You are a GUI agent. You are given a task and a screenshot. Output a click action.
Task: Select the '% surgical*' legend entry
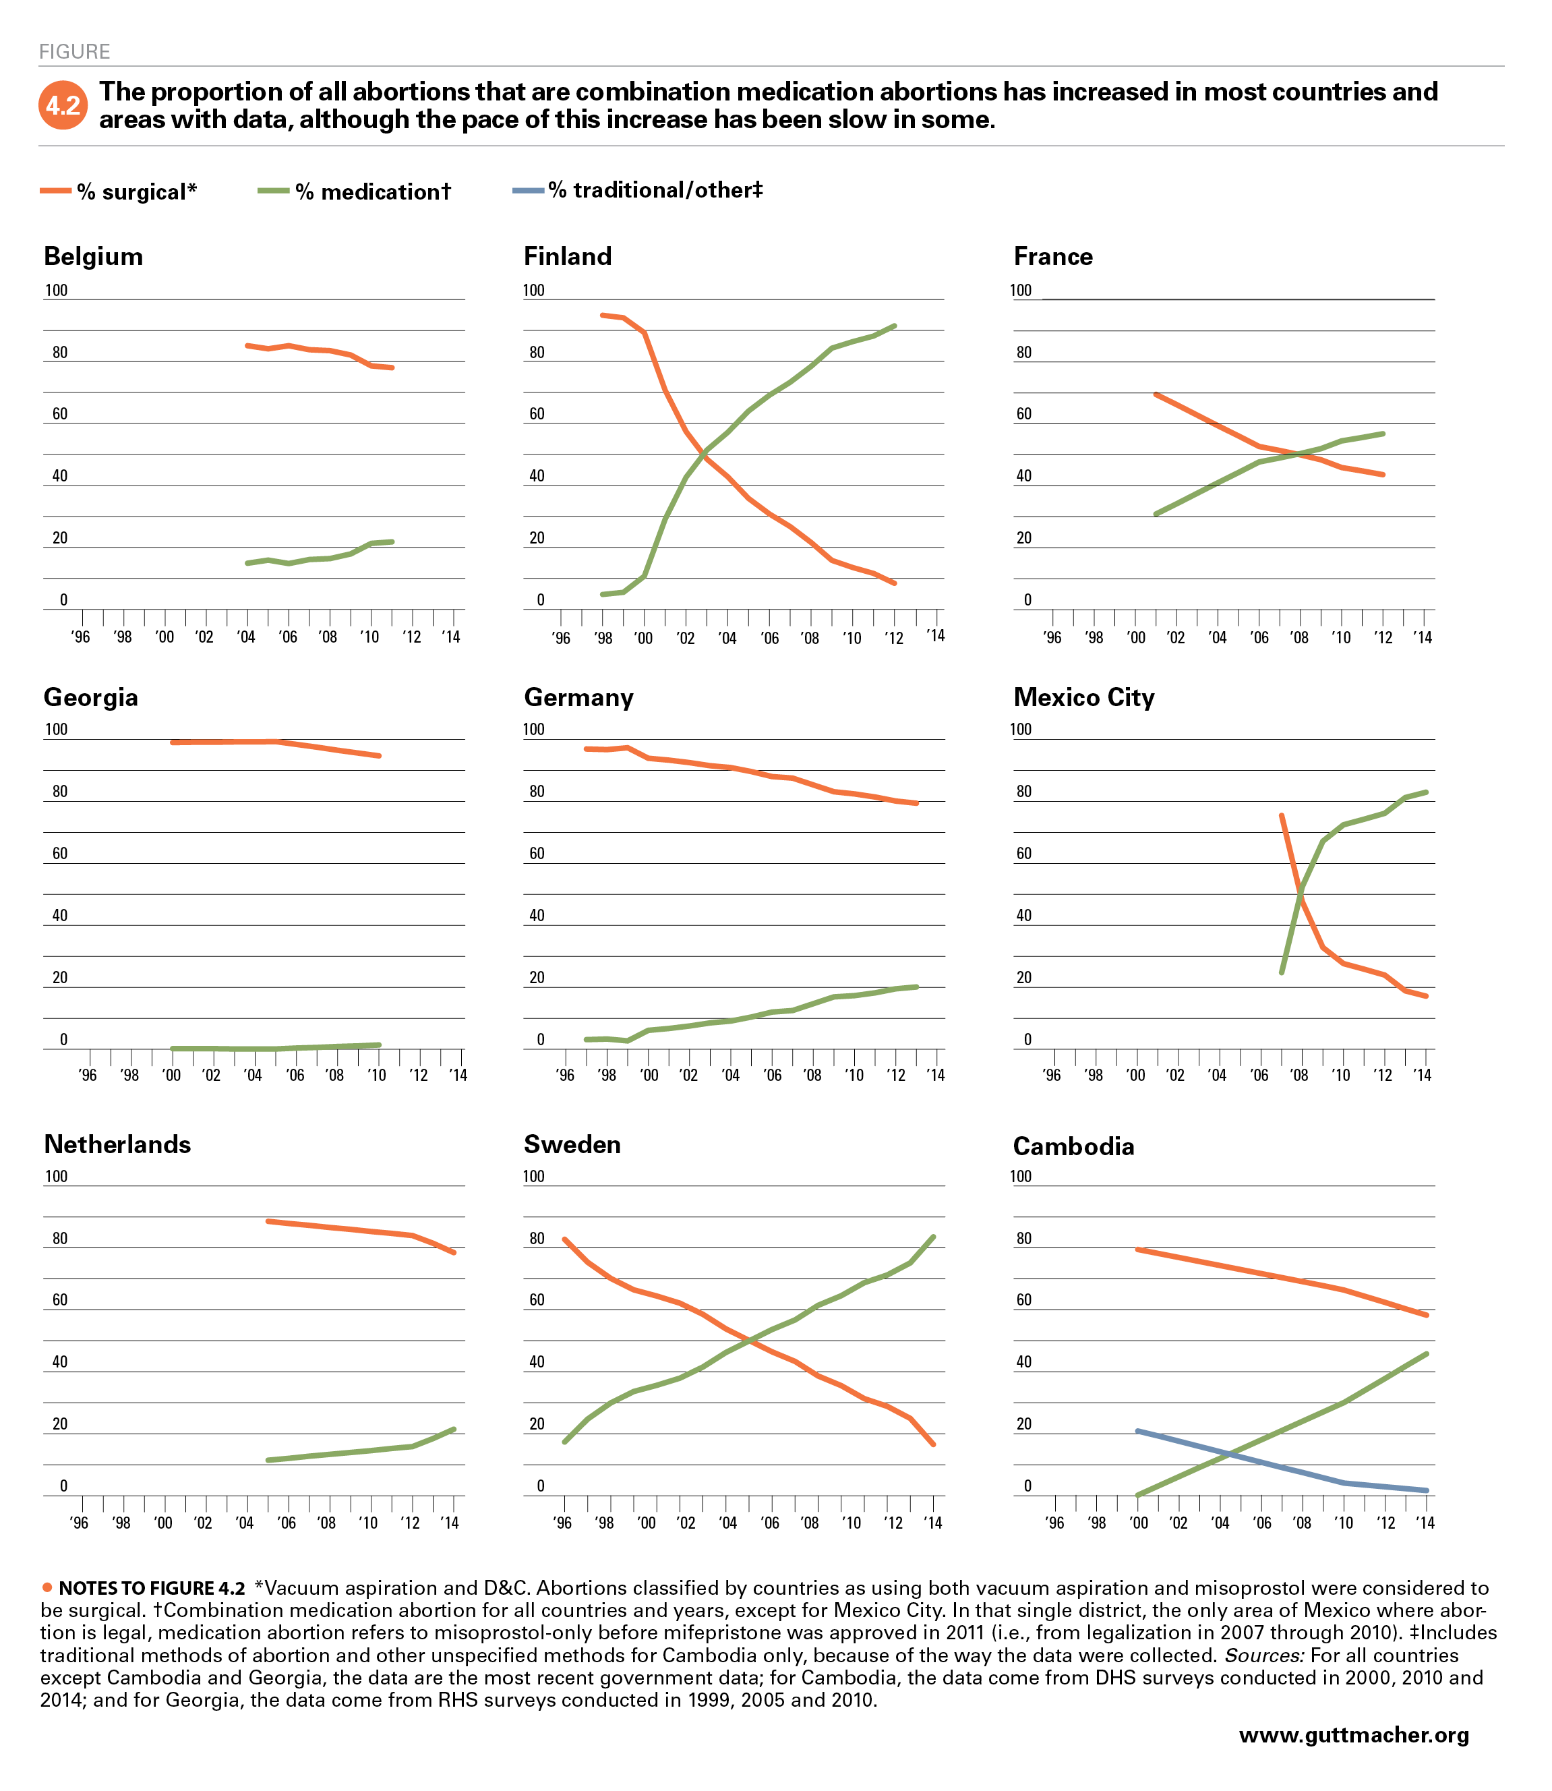coord(119,192)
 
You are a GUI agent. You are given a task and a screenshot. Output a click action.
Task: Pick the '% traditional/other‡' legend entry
coord(638,189)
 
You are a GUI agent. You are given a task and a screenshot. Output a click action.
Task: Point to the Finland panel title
coord(568,256)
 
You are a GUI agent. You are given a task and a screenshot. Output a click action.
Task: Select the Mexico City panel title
coord(1084,697)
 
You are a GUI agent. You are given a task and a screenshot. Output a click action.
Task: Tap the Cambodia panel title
coord(1074,1146)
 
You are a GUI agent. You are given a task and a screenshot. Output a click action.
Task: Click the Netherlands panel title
coord(118,1144)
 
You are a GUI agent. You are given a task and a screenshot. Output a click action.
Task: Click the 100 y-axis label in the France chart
coord(1021,290)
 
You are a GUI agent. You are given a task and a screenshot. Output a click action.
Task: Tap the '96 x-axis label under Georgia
coord(88,1075)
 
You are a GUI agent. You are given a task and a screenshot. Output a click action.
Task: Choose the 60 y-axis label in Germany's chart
coord(537,853)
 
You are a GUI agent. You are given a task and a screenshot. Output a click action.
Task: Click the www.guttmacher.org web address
coord(1354,1735)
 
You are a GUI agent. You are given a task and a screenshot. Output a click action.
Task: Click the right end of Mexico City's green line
coord(1425,792)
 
